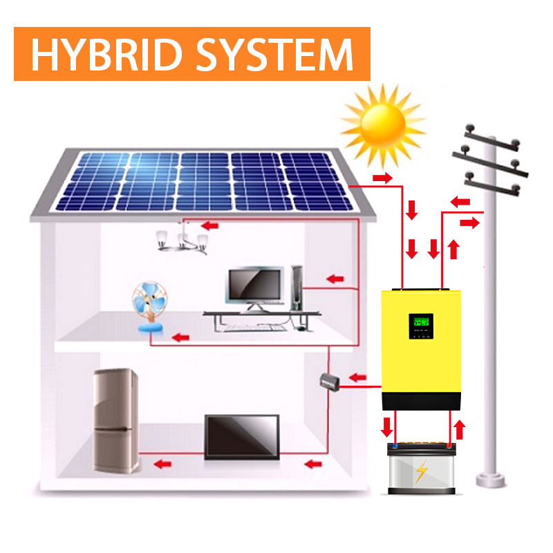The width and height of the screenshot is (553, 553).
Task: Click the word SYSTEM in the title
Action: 274,55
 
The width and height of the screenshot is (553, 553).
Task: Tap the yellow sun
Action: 383,124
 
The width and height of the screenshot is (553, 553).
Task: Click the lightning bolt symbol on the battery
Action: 421,471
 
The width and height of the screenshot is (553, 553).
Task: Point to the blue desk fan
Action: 150,307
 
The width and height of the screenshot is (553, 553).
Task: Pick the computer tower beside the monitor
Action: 297,288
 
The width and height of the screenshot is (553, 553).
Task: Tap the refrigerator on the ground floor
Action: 116,420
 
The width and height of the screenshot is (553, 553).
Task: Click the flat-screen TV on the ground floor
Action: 242,437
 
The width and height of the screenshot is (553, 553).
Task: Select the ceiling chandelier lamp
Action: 182,238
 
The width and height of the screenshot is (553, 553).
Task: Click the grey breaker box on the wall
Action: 330,382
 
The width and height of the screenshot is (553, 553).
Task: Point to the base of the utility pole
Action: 491,480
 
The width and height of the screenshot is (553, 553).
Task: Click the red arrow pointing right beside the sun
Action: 383,178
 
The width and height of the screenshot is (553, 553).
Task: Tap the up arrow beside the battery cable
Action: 459,429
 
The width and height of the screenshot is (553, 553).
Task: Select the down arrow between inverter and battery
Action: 387,427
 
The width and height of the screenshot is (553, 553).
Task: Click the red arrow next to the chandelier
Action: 210,225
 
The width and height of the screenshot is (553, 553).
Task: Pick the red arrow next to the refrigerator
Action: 162,464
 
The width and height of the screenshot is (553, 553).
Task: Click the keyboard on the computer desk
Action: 254,328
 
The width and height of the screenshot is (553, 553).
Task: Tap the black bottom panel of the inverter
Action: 421,401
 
